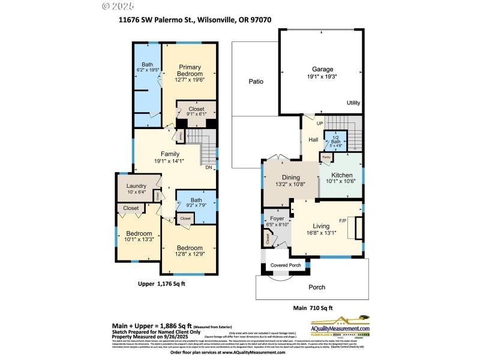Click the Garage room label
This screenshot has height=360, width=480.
322,69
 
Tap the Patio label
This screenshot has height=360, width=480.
258,82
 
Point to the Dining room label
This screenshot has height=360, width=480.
290,177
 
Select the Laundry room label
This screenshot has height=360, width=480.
137,186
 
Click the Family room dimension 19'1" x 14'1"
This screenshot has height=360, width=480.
170,161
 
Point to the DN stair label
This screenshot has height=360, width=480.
209,167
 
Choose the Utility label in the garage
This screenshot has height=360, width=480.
353,103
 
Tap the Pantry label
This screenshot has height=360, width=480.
326,157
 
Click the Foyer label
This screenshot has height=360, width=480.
277,219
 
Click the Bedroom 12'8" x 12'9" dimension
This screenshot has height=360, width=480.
189,254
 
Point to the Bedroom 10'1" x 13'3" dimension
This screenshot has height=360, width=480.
139,240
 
